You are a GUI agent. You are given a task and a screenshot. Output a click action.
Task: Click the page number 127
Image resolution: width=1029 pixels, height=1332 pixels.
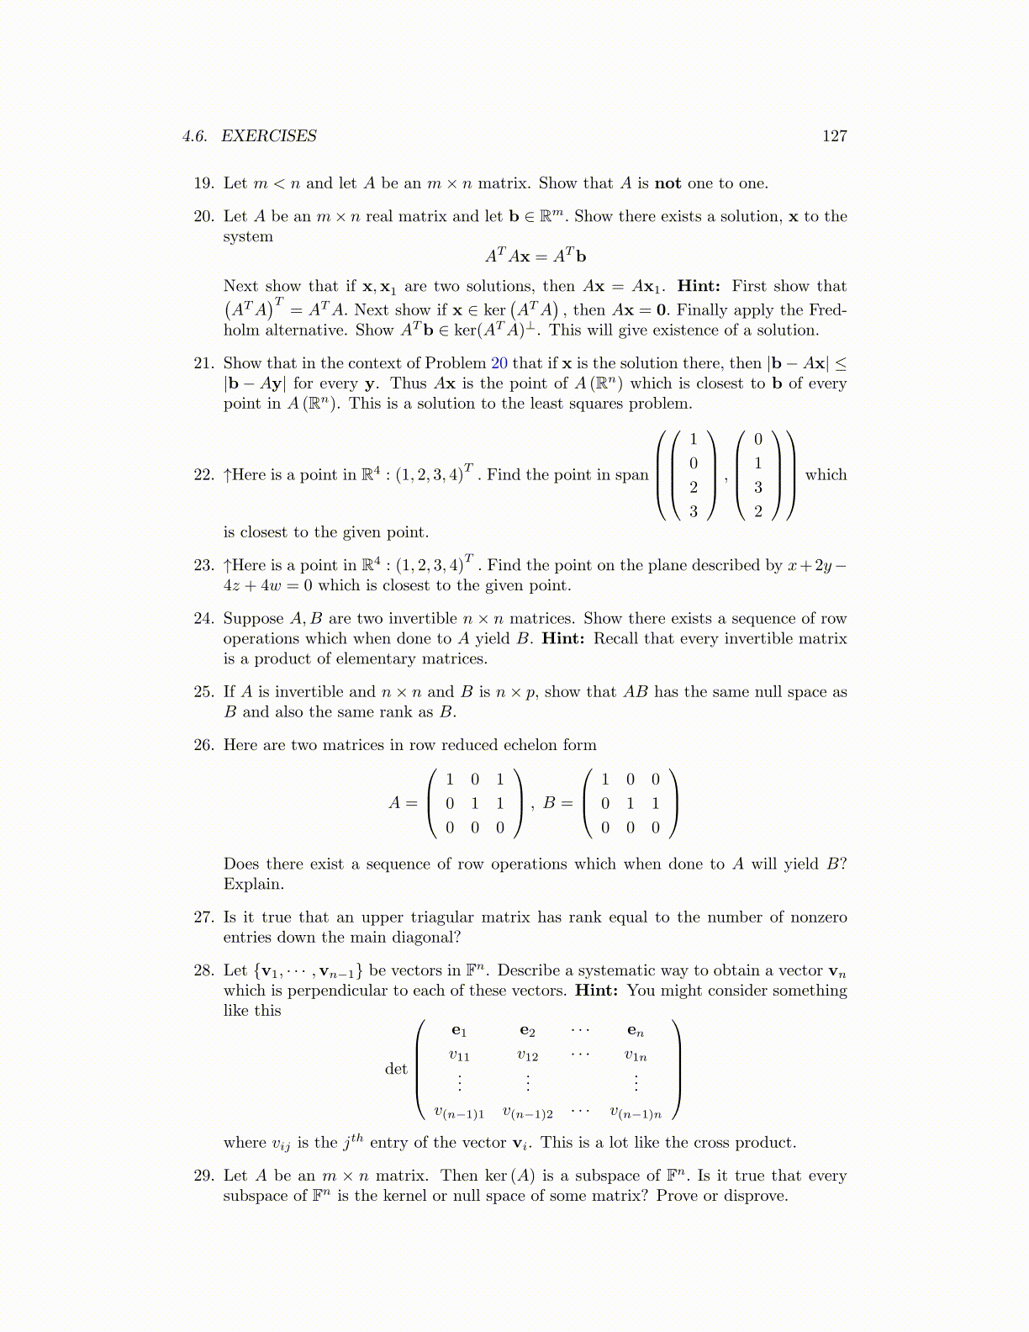(834, 136)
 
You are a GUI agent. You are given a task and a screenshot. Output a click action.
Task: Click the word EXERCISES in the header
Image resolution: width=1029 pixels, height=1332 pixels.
(269, 136)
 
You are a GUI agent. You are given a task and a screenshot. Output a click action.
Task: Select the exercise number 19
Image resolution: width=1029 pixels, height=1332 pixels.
(203, 183)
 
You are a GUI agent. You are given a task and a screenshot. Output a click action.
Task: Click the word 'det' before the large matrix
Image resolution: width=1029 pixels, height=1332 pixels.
(396, 1069)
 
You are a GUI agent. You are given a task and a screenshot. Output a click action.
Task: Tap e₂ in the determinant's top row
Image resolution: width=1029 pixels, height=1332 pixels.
(527, 1031)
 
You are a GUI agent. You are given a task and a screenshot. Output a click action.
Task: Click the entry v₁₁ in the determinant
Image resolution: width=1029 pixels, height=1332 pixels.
(459, 1056)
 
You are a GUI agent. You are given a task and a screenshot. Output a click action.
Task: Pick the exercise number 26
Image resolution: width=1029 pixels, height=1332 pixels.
(203, 745)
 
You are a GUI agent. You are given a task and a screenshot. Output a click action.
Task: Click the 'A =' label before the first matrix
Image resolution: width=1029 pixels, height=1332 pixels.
(403, 803)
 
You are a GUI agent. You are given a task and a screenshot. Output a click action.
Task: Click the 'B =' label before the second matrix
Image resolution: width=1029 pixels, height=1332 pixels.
(557, 803)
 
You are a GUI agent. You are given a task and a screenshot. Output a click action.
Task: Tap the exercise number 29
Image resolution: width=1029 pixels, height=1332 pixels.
(203, 1176)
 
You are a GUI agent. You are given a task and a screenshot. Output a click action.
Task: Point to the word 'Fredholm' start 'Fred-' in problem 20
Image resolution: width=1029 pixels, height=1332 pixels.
(828, 310)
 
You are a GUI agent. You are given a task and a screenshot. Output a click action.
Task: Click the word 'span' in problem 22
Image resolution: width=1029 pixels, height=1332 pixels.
(632, 475)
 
